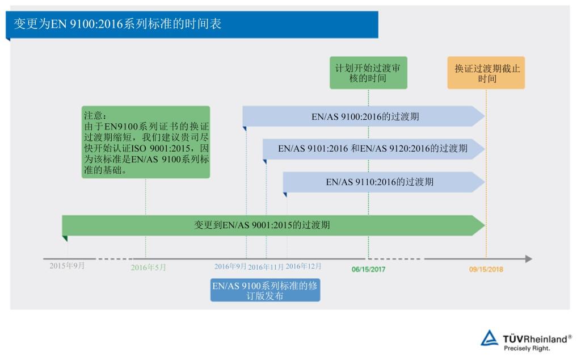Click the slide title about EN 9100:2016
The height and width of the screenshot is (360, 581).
(117, 24)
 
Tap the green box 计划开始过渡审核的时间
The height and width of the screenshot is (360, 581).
(368, 73)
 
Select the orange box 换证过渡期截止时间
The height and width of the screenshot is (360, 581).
(486, 73)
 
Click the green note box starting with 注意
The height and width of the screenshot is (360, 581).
(146, 142)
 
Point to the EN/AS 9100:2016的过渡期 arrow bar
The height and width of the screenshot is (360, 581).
(364, 116)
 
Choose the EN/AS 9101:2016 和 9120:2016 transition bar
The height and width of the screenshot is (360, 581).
(373, 149)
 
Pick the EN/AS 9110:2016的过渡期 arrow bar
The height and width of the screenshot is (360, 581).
(384, 182)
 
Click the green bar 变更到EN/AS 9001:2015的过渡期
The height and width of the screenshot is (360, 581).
(273, 225)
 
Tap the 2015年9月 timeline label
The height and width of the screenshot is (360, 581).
(67, 266)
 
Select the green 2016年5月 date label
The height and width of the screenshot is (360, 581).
(149, 267)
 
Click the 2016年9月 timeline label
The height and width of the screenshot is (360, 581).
(230, 266)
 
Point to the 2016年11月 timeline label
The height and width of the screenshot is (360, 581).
(266, 267)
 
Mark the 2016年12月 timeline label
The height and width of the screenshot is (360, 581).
(304, 266)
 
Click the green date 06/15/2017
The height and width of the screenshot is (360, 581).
(368, 270)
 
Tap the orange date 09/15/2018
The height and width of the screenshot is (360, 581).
(486, 270)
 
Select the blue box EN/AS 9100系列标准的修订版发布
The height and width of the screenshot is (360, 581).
(266, 290)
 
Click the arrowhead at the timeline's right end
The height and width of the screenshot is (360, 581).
(529, 259)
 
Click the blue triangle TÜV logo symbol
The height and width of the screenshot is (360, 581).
(490, 338)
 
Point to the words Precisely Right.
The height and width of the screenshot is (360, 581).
(527, 349)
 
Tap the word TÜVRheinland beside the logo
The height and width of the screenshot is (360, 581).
(535, 339)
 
